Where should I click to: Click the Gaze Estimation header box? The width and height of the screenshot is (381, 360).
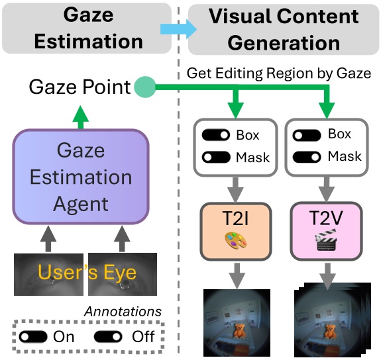(89, 28)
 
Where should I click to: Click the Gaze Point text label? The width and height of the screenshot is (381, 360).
(79, 87)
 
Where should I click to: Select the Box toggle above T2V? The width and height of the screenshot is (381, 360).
(309, 134)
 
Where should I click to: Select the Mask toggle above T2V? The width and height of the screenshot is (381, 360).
(309, 157)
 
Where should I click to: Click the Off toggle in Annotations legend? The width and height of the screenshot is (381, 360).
(109, 336)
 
